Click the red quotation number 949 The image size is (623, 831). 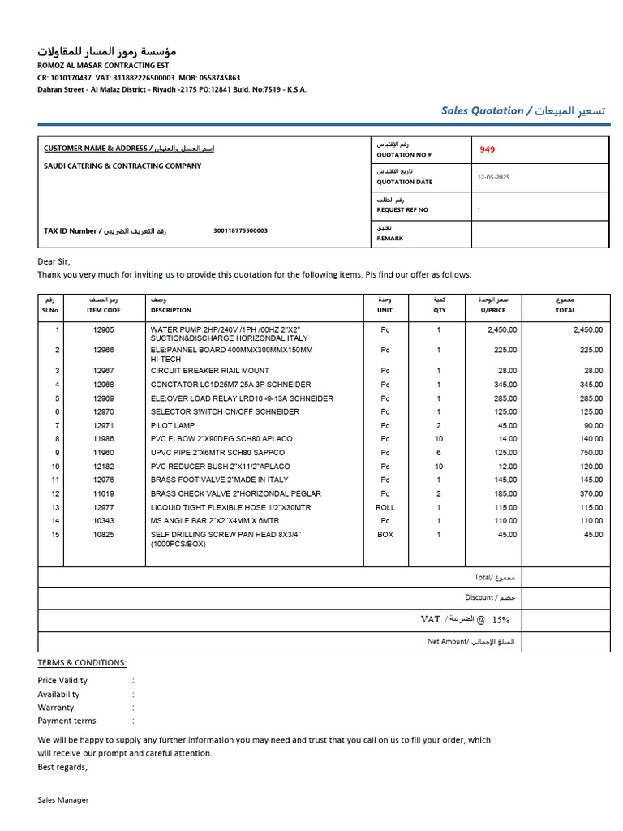pyautogui.click(x=487, y=149)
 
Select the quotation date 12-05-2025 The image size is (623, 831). pyautogui.click(x=493, y=177)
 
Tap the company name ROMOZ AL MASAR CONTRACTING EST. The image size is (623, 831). pyautogui.click(x=105, y=65)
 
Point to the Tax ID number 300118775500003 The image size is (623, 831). pyautogui.click(x=240, y=230)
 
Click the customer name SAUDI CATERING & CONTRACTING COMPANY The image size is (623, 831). pyautogui.click(x=122, y=166)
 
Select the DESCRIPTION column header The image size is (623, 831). pyautogui.click(x=171, y=310)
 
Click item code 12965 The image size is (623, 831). pyautogui.click(x=104, y=330)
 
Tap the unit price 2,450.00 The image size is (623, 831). pyautogui.click(x=502, y=330)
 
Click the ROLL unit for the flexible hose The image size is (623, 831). pyautogui.click(x=385, y=507)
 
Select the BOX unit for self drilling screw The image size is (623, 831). pyautogui.click(x=385, y=535)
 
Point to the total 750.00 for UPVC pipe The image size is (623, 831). pyautogui.click(x=590, y=452)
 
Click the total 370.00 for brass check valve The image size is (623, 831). pyautogui.click(x=590, y=493)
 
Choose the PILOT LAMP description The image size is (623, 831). pyautogui.click(x=173, y=425)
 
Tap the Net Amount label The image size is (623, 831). pyautogui.click(x=470, y=641)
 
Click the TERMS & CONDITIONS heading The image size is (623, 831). pyautogui.click(x=82, y=662)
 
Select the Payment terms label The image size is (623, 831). pyautogui.click(x=67, y=721)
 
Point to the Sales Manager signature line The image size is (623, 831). pyautogui.click(x=63, y=799)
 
